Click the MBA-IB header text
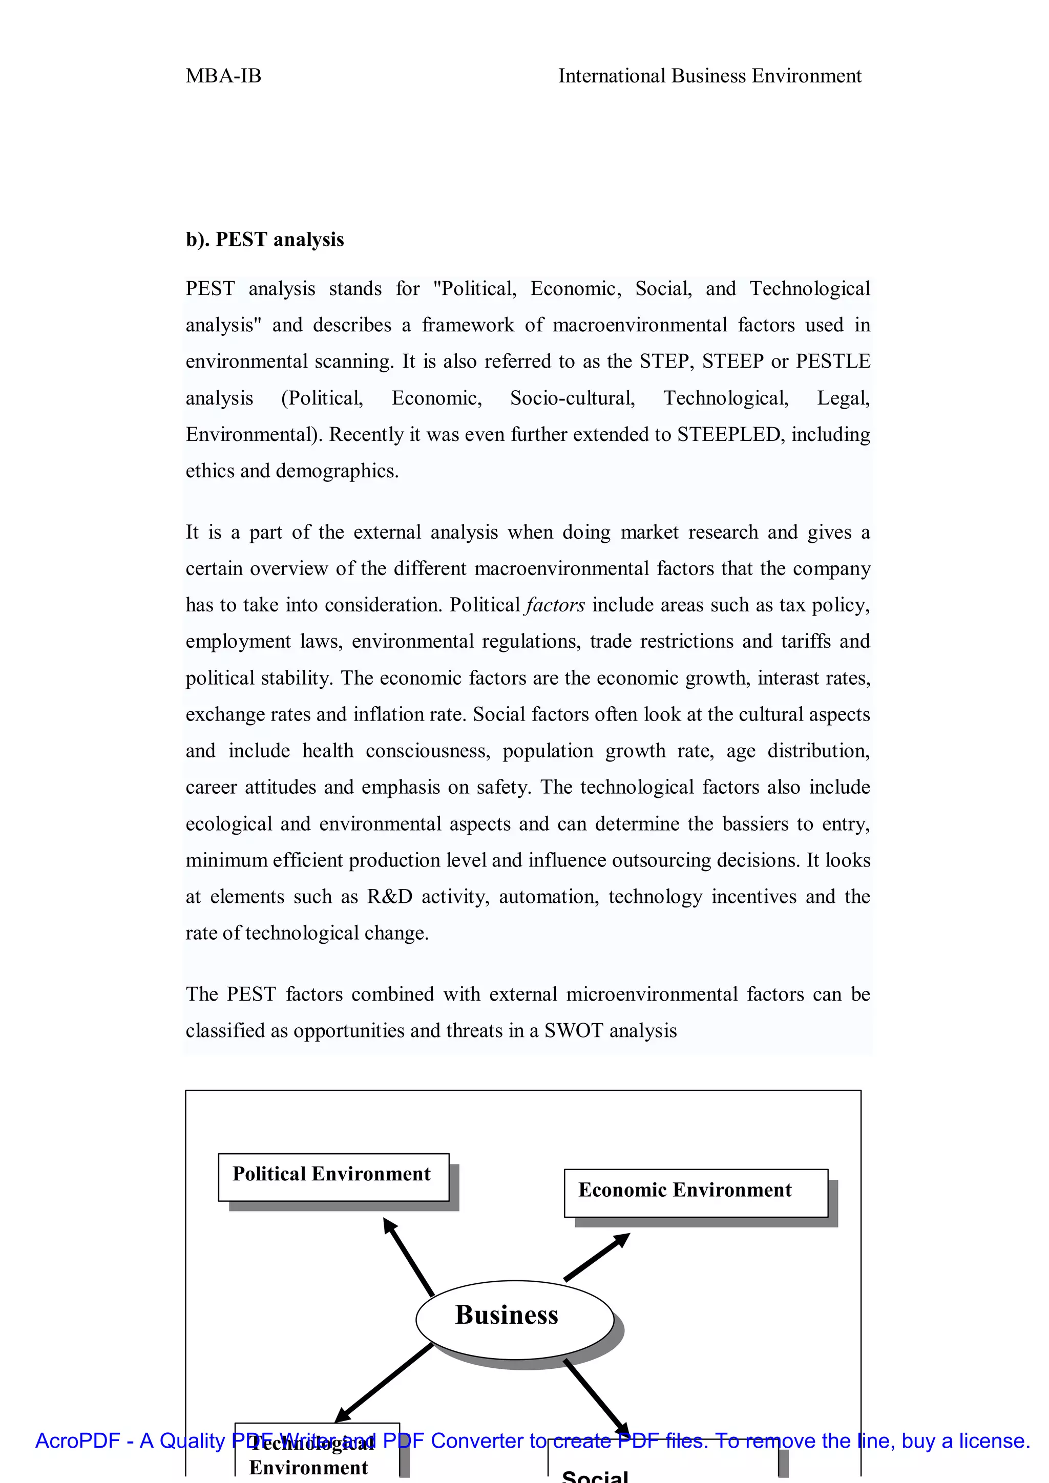(x=223, y=76)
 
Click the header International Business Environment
(x=709, y=76)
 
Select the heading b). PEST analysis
(x=265, y=240)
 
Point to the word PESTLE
(x=833, y=362)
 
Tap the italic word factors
(x=556, y=605)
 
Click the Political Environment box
(x=333, y=1177)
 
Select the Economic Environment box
(x=696, y=1193)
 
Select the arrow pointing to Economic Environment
(x=596, y=1257)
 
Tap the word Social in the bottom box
(x=595, y=1476)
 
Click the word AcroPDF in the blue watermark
(x=77, y=1441)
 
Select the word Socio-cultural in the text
(x=572, y=398)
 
